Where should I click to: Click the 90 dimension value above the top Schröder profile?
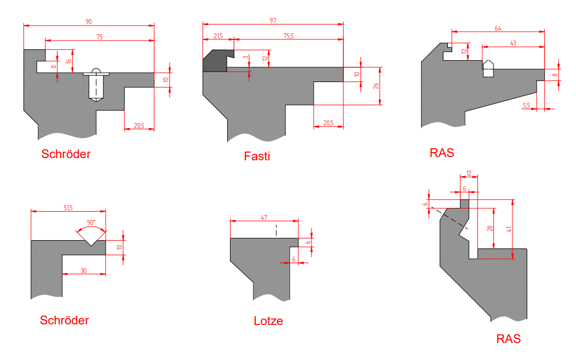click(89, 22)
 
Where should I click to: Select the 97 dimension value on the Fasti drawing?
click(273, 21)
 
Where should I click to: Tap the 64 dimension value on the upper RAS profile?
click(498, 28)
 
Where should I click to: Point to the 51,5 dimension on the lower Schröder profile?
click(68, 208)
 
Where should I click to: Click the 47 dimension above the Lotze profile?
click(264, 217)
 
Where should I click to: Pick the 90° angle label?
click(91, 222)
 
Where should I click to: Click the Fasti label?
click(257, 156)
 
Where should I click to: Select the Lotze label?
click(268, 321)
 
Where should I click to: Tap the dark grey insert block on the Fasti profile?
click(217, 61)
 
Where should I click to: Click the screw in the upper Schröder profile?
click(96, 85)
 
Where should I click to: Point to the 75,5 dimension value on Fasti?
click(289, 36)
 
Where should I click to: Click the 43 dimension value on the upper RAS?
click(513, 43)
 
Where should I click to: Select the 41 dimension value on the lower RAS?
click(509, 229)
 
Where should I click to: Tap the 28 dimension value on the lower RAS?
click(489, 228)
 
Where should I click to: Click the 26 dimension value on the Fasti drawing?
click(376, 86)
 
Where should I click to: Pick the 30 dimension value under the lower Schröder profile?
click(84, 270)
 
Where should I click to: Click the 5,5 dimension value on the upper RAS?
click(526, 106)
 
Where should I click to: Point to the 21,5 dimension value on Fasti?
click(218, 36)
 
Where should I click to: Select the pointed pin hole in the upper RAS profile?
click(488, 68)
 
